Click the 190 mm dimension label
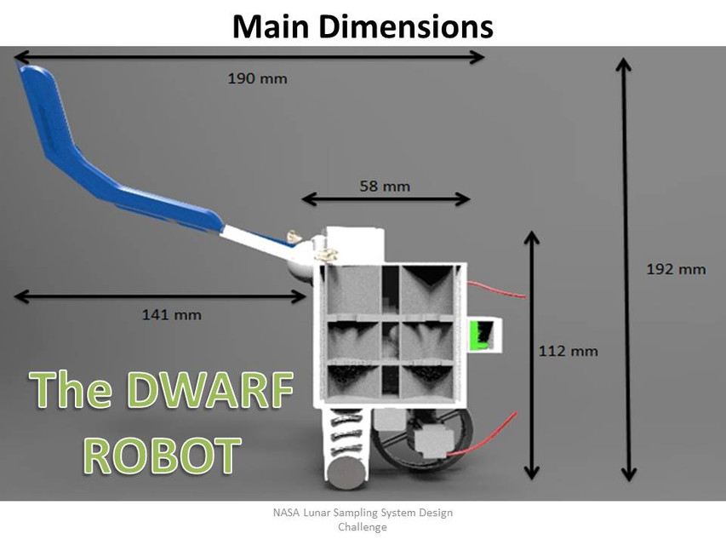257,79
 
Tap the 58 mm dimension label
385,186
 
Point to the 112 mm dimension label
569,350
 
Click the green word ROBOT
160,455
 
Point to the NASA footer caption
363,519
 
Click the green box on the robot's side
483,336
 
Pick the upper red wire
497,290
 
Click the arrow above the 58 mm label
385,199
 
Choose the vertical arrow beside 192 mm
626,269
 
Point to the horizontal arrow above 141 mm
160,296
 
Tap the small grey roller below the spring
343,473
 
